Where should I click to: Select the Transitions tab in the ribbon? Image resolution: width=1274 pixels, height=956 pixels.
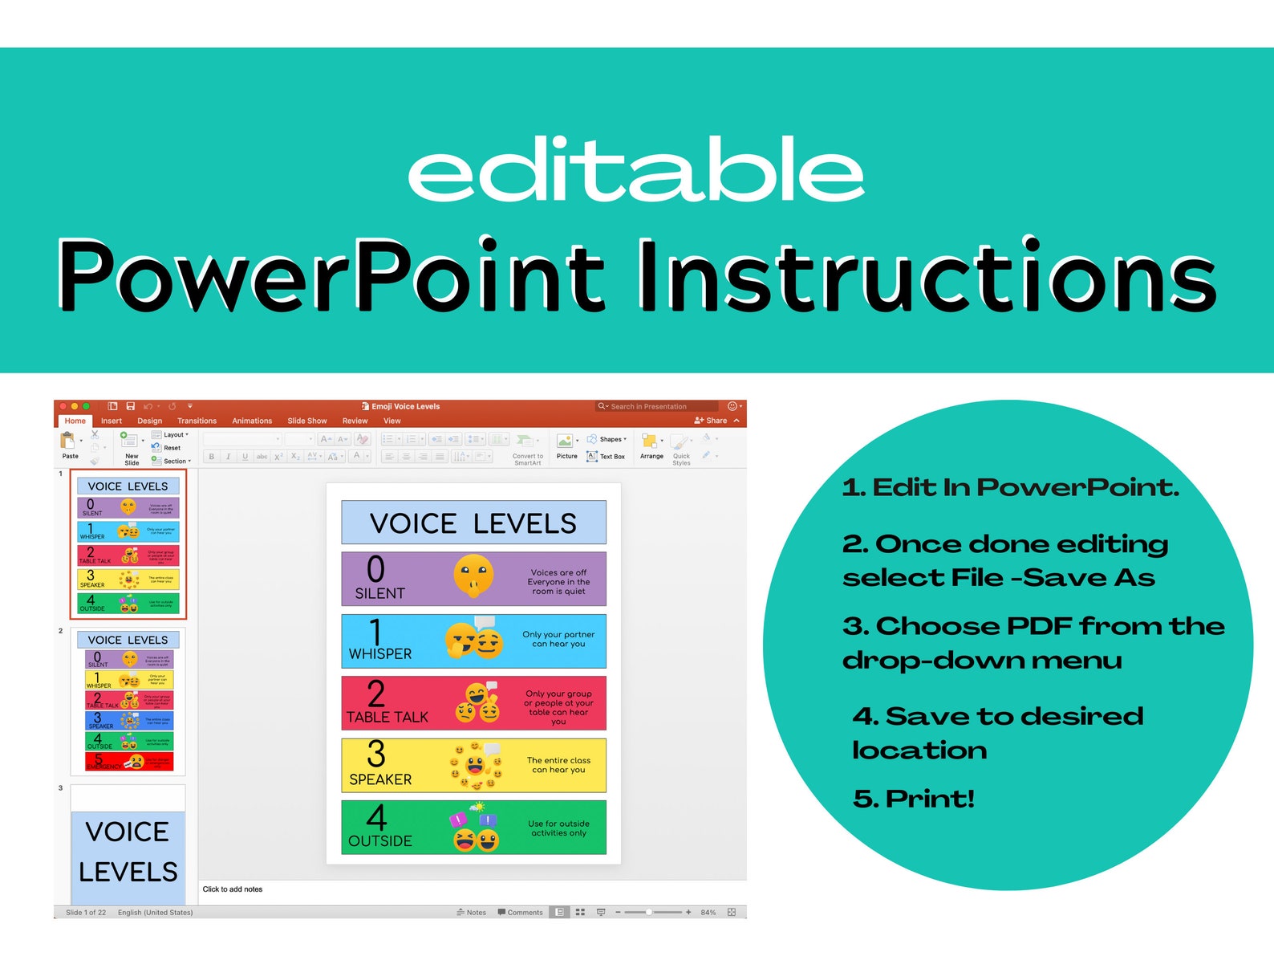coord(197,421)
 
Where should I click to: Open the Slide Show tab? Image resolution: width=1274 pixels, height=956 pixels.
coord(306,421)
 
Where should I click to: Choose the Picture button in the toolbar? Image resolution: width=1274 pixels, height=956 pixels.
coord(566,445)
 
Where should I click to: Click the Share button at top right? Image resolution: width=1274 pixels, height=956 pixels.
coord(712,421)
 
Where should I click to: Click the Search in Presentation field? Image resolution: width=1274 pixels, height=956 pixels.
coord(654,407)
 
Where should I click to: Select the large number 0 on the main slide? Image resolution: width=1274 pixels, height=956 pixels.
coord(375,569)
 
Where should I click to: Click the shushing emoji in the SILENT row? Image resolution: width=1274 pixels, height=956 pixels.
coord(473,576)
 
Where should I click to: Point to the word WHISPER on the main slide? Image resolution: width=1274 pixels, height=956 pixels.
coord(379,654)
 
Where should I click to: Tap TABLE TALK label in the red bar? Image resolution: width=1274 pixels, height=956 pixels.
coord(387,717)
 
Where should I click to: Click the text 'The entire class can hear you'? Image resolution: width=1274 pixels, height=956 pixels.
coord(558,765)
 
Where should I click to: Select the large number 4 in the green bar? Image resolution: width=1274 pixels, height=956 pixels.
coord(376,817)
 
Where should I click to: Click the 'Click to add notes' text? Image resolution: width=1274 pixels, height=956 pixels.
coord(233,889)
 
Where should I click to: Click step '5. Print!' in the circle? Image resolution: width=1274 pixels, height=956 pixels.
coord(913,799)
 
